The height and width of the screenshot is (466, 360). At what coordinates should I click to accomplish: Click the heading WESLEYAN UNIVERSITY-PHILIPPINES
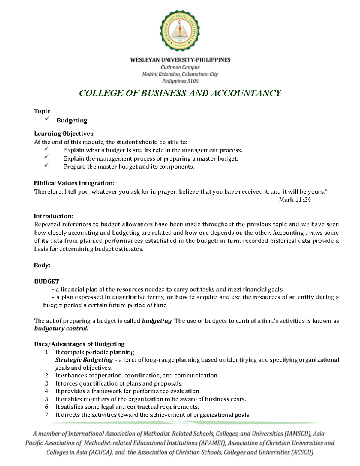tap(180, 60)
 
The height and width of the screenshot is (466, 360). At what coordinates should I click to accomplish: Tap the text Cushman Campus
tap(180, 67)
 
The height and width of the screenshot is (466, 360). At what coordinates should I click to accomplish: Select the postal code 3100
tap(193, 81)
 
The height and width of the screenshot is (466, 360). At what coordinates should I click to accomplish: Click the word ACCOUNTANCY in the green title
tap(246, 93)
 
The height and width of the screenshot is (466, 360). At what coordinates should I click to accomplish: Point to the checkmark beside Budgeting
tap(47, 119)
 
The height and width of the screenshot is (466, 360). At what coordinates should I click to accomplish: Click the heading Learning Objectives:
tap(64, 134)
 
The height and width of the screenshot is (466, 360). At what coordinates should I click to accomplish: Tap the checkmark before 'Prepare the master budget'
tap(46, 165)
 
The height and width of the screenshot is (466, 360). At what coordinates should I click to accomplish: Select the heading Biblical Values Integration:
tap(74, 183)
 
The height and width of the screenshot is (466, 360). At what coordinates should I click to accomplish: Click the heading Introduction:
tap(53, 216)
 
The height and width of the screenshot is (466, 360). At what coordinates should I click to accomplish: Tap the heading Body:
tap(42, 265)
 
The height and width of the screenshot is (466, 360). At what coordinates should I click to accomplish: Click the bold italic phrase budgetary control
tap(61, 329)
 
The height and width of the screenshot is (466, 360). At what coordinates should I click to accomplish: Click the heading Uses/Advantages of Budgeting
tap(79, 344)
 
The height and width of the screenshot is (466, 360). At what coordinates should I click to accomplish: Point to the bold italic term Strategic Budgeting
tap(84, 360)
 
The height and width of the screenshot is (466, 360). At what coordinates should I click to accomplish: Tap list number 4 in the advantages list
tap(47, 391)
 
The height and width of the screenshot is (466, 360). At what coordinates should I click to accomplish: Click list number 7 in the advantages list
tap(47, 415)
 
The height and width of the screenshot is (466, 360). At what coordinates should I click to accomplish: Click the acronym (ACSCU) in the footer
tap(302, 452)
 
